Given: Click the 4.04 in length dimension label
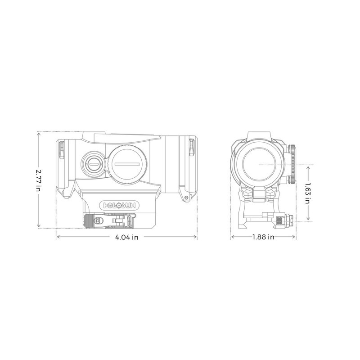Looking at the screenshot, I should coord(126,238).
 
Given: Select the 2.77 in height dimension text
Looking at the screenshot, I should coord(39,180).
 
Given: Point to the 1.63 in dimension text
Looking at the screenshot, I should coord(307,193).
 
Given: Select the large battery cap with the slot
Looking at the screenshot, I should coord(128,164).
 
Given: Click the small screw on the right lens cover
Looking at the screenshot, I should coord(185,197).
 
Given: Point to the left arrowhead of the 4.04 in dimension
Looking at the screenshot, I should coord(57,238).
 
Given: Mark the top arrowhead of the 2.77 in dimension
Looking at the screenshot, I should coord(39,133).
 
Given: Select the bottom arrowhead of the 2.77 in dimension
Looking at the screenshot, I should coord(39,227).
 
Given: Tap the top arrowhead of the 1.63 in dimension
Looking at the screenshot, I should coord(307,166).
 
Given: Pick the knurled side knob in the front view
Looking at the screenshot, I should coord(292,164).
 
